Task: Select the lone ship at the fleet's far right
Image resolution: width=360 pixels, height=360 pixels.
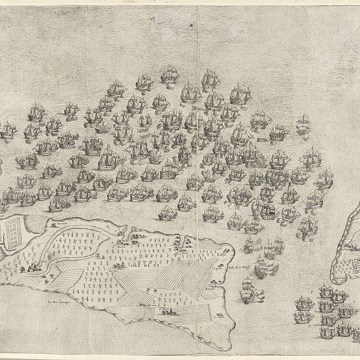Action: click(302, 124)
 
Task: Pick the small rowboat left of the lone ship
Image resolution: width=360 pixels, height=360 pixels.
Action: click(262, 138)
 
